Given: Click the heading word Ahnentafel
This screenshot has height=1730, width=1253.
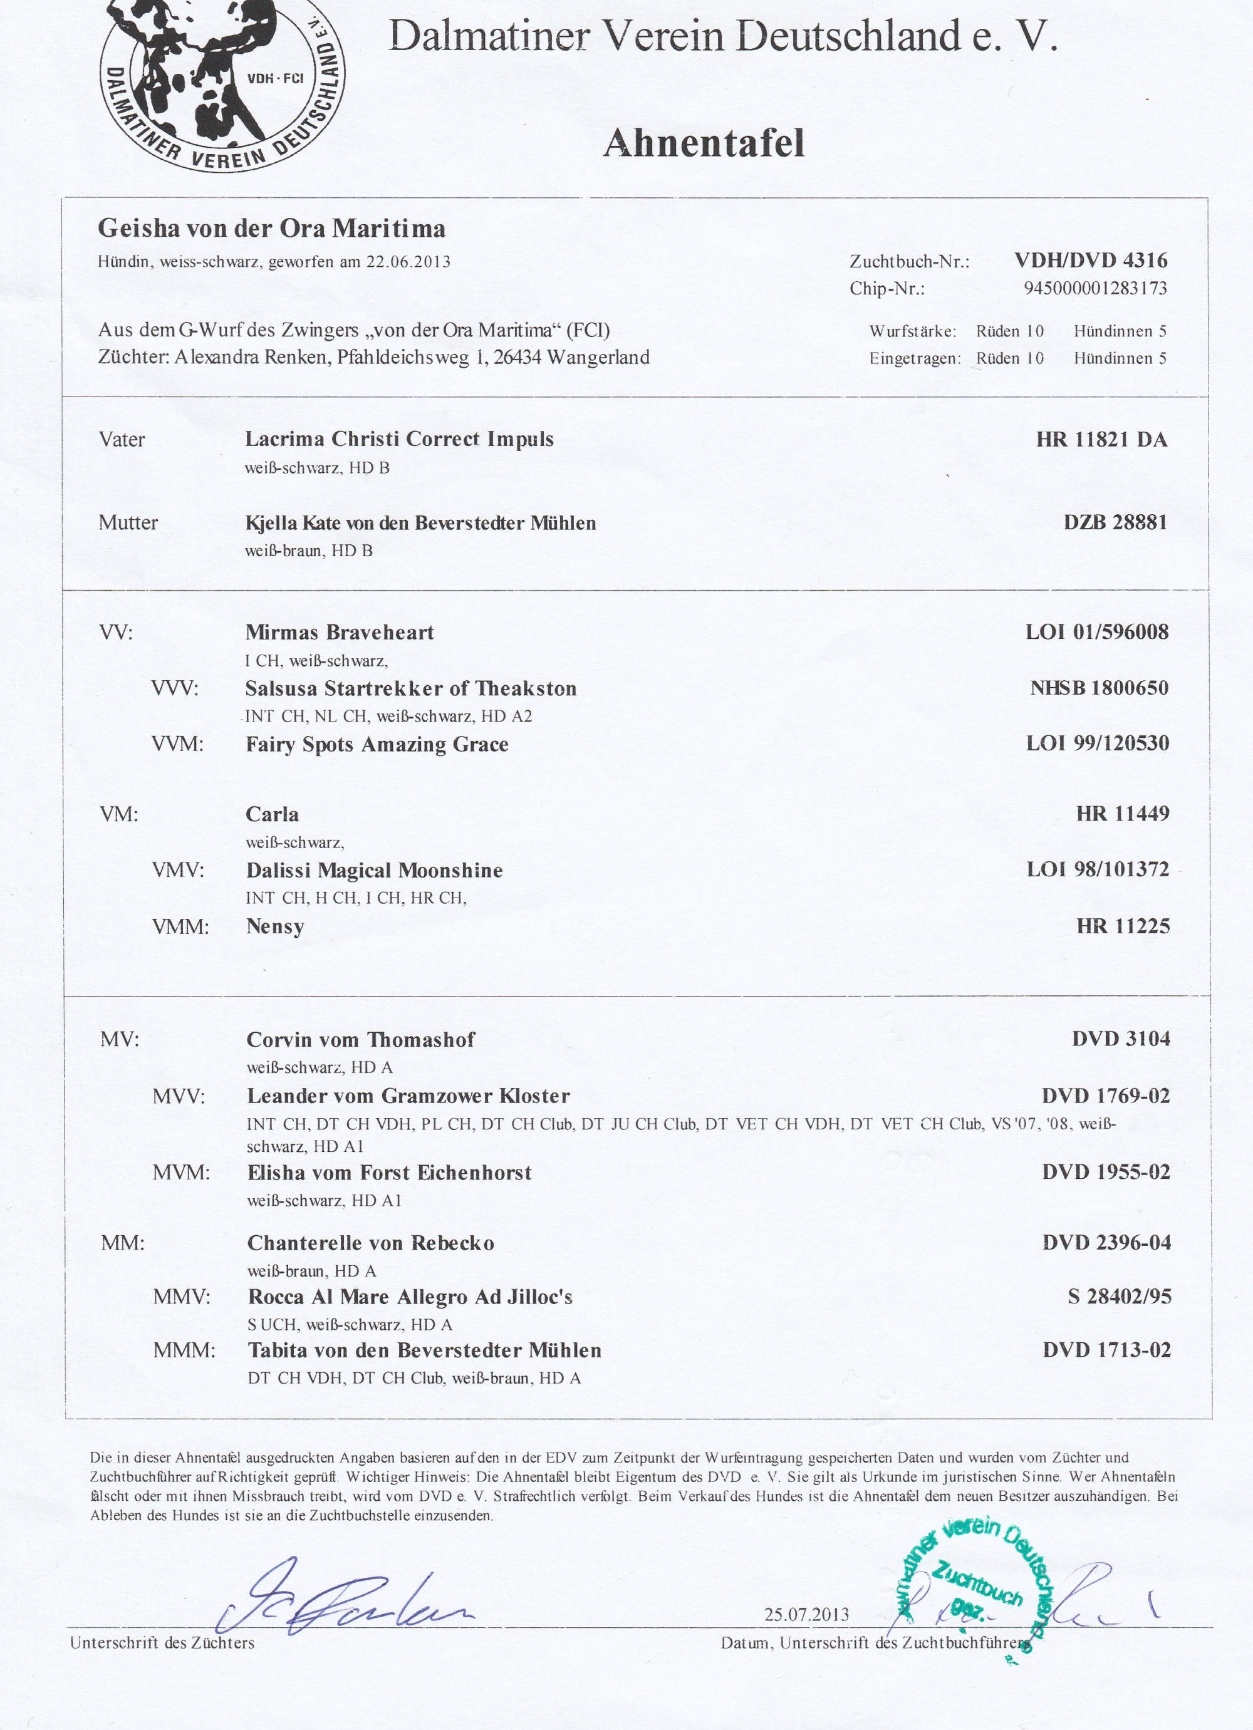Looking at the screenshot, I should point(704,143).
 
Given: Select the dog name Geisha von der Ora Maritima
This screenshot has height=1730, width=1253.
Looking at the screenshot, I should point(272,229).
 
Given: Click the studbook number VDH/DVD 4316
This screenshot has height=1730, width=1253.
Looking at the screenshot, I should point(1091,260).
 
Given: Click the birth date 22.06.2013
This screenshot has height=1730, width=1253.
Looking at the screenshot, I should point(408,262).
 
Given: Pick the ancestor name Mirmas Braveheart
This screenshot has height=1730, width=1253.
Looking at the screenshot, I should point(340,633).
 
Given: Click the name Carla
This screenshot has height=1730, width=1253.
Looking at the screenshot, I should point(273,815).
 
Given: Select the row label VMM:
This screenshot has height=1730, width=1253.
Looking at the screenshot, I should point(181,927).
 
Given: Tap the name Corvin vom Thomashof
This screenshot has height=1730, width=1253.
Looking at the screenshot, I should point(360,1040).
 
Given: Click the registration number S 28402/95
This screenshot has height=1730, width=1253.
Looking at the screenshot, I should point(1119,1297).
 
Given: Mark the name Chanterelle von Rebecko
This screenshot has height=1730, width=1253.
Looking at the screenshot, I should point(370,1243).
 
